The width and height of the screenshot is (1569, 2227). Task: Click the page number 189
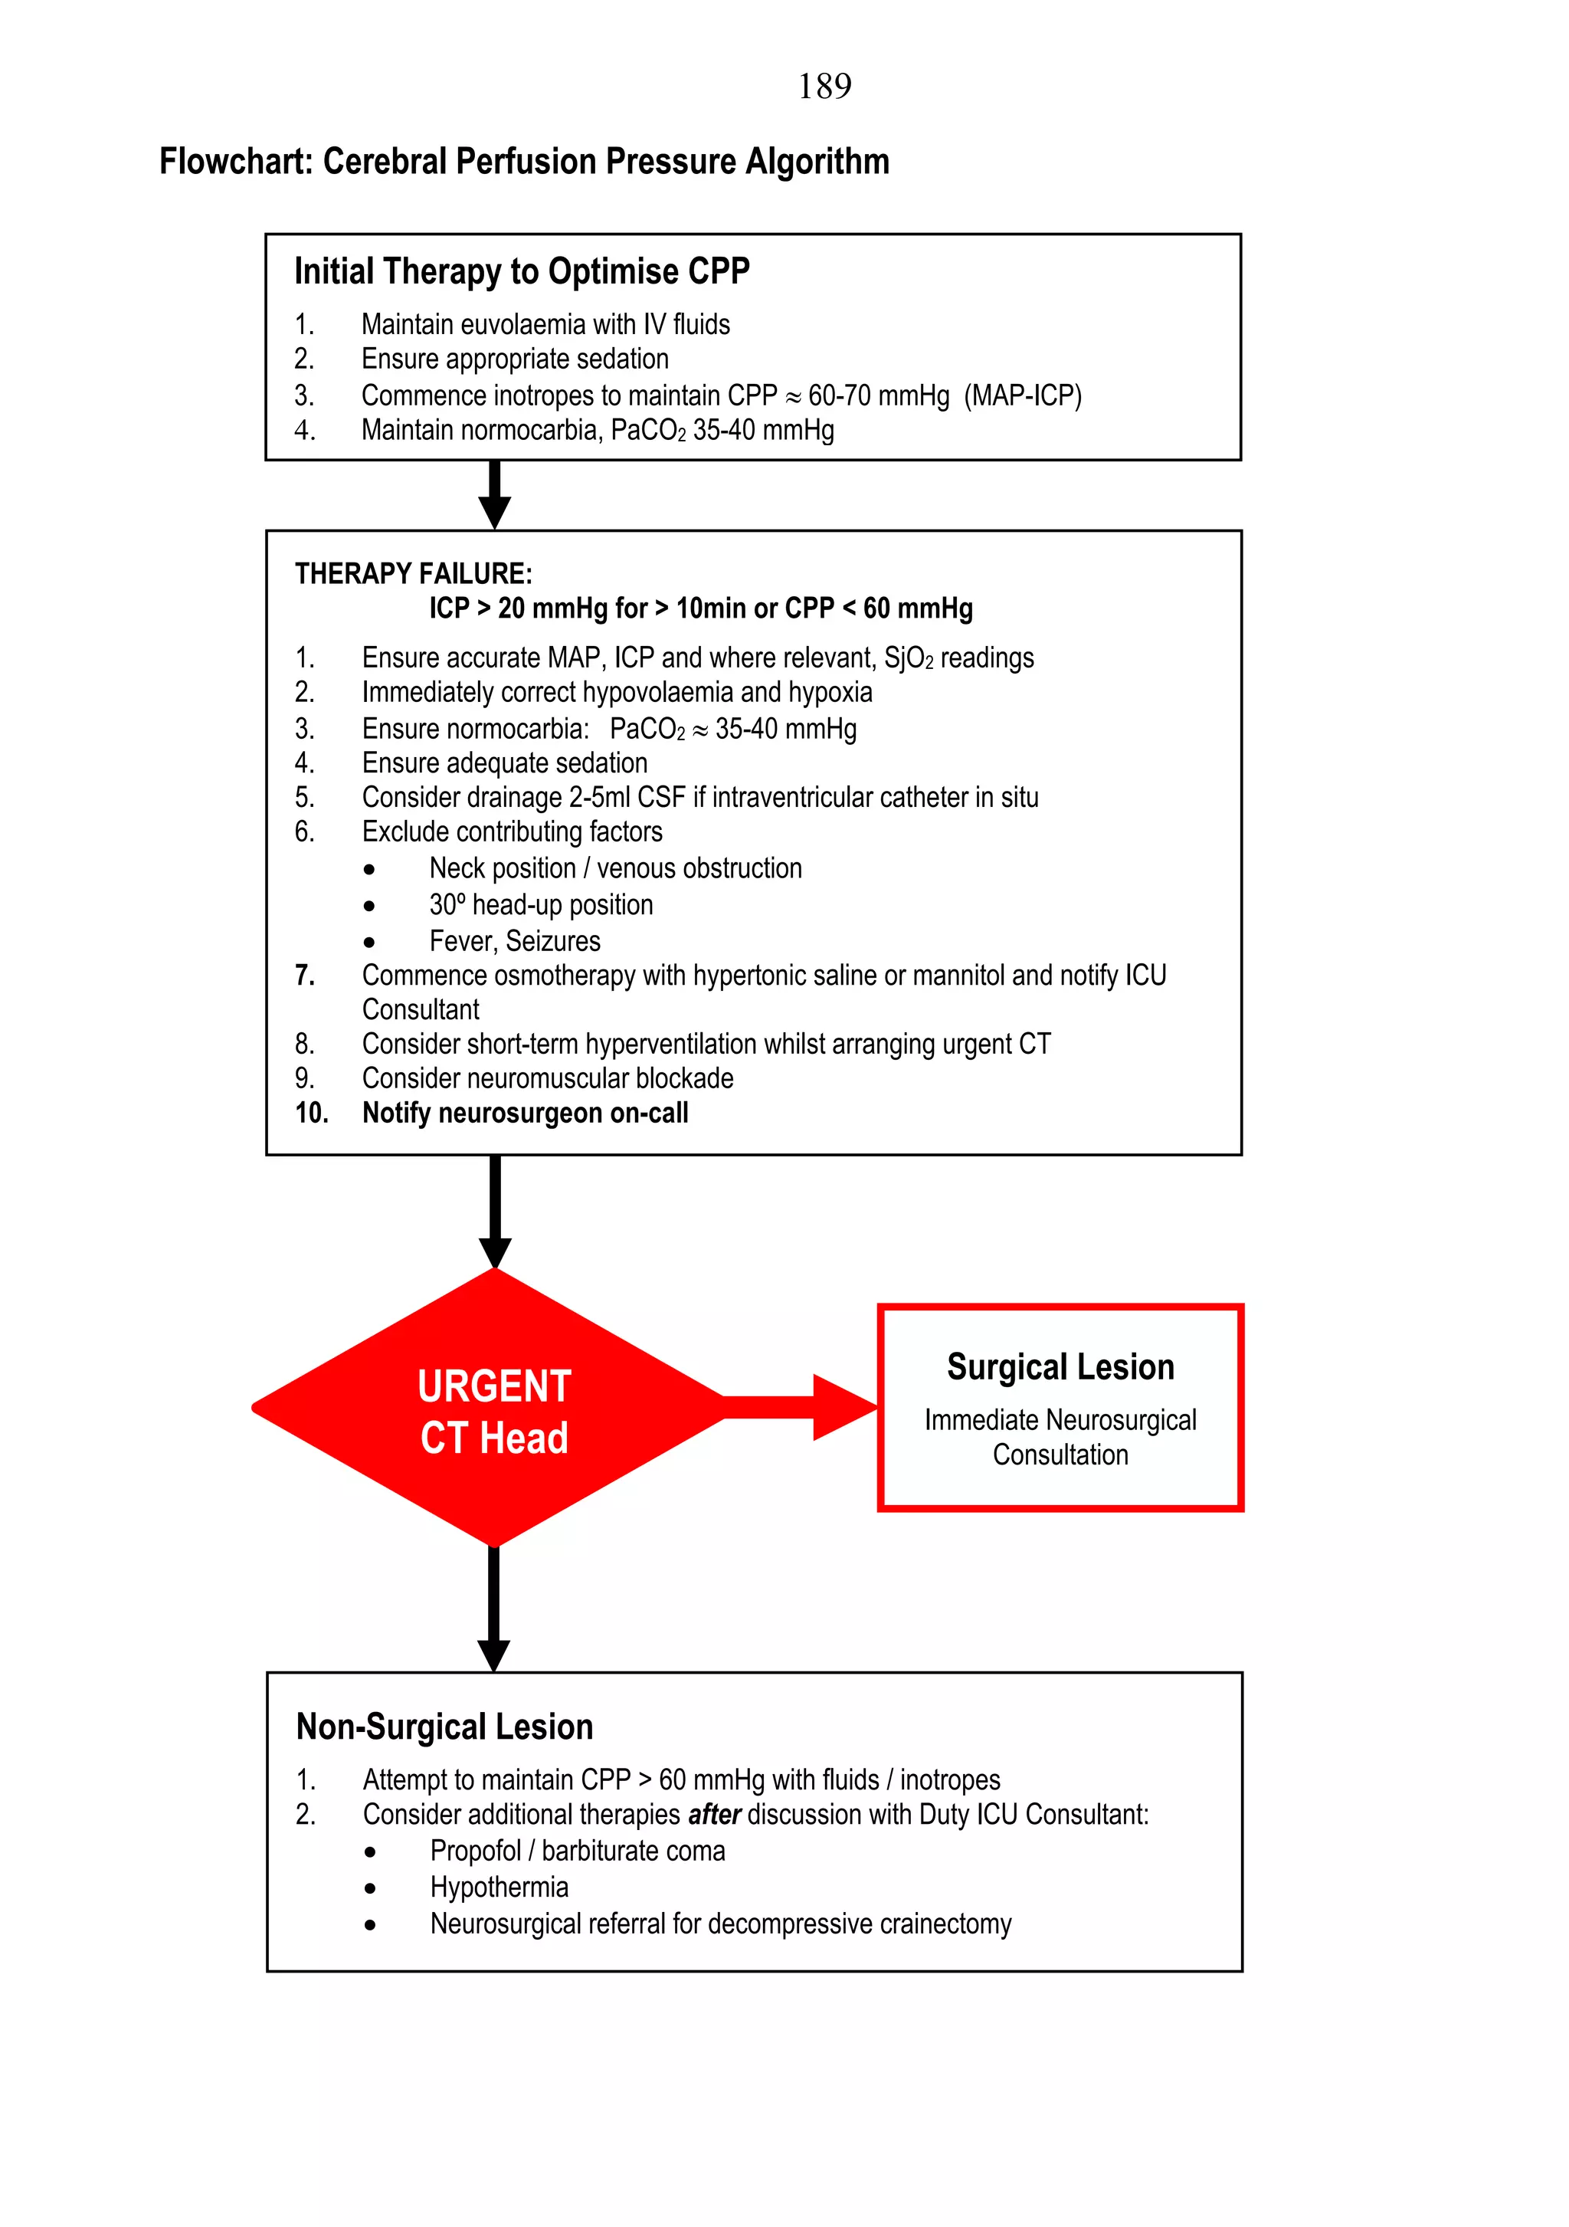pos(824,87)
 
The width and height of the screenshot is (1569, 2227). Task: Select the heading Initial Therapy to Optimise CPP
pos(522,271)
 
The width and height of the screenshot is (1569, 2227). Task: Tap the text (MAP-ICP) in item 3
pos(1022,395)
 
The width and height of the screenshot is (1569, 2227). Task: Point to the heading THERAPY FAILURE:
pos(413,574)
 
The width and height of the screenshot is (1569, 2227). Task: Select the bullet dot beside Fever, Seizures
pos(369,942)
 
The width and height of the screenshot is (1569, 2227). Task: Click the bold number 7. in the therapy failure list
pos(304,976)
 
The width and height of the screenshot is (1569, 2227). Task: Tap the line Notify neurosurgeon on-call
pos(525,1113)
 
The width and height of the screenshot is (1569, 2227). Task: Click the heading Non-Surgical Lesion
pos(444,1727)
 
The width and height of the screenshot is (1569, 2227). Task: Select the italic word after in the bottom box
pos(714,1815)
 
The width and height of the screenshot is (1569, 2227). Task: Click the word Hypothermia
pos(499,1888)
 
